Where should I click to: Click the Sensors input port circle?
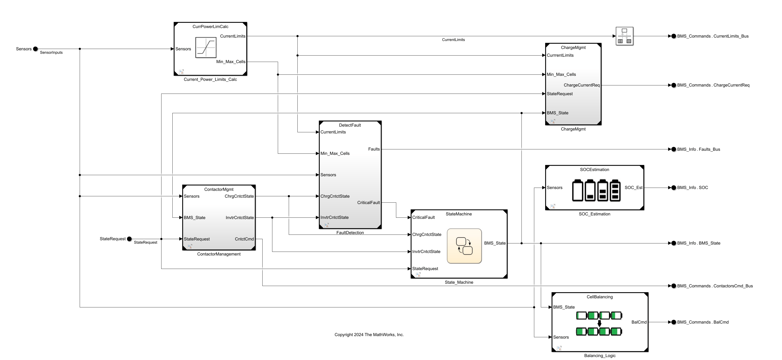coord(35,49)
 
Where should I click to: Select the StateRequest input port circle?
coord(129,239)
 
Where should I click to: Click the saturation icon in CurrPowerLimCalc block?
coord(206,47)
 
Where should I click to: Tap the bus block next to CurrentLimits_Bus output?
coord(624,36)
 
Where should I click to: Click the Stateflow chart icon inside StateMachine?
coord(464,246)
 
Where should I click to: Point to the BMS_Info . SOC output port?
coord(674,188)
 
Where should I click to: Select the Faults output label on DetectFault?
coord(374,149)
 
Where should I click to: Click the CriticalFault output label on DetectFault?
coord(368,202)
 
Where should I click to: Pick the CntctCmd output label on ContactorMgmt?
coord(244,239)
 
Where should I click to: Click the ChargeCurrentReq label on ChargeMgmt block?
coord(581,85)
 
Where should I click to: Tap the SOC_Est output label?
coord(633,188)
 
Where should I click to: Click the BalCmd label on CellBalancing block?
coord(639,322)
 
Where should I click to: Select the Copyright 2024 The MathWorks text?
coord(369,334)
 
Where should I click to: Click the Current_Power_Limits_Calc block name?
coord(210,79)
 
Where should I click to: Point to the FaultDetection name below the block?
coord(350,232)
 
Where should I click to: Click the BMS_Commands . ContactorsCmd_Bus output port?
coord(674,286)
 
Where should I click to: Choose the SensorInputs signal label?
coord(51,53)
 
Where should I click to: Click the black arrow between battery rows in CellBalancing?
coord(599,324)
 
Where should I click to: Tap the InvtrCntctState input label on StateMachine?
coord(426,252)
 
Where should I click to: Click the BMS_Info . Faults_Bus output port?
coord(674,149)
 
